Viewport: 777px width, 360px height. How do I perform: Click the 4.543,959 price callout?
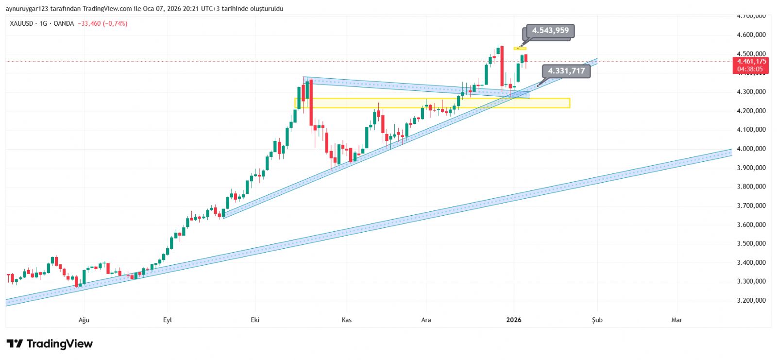click(550, 31)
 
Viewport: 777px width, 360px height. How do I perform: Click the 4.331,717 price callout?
click(566, 71)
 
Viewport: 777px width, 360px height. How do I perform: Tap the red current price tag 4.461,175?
click(751, 62)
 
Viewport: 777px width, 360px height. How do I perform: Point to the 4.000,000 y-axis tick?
click(751, 149)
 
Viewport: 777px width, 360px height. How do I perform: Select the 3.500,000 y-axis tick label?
click(751, 243)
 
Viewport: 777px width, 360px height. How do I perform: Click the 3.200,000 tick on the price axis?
click(751, 300)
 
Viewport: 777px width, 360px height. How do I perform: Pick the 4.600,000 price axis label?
click(751, 34)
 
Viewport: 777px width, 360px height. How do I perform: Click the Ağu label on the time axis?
click(84, 320)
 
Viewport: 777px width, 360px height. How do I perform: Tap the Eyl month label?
click(168, 320)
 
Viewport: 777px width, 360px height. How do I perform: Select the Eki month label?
click(255, 320)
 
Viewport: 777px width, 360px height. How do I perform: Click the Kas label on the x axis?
click(346, 320)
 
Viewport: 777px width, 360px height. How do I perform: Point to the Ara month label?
click(426, 320)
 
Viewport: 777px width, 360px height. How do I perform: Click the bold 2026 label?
click(513, 320)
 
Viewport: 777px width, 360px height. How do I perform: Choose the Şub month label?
click(597, 320)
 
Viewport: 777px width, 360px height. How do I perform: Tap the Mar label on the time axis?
click(676, 320)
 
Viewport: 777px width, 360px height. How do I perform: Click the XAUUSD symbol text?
click(21, 23)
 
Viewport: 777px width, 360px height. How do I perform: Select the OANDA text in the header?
click(64, 23)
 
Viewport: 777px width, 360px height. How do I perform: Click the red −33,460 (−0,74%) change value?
click(102, 23)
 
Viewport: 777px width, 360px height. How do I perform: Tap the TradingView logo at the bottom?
click(50, 344)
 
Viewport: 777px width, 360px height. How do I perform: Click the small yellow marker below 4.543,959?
click(520, 48)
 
